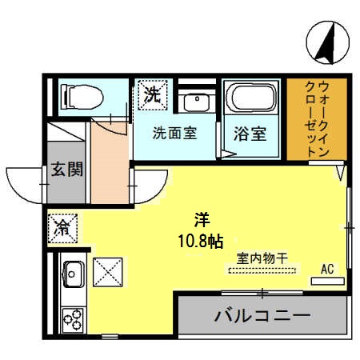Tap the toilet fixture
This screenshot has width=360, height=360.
(78, 97)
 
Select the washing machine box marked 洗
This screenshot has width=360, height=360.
(152, 94)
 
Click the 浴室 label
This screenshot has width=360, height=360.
(250, 134)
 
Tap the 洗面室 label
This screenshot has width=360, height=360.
(175, 134)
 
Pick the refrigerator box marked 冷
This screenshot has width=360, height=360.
(62, 227)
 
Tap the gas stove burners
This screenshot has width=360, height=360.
(74, 319)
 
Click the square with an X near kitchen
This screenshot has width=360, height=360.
(108, 272)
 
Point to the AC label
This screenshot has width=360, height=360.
(327, 269)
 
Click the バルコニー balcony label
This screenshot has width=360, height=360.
(262, 317)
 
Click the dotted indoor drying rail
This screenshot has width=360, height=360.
(262, 271)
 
